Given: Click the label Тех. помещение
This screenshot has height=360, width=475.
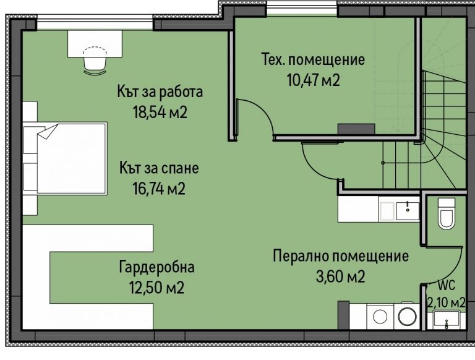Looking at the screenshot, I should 313,61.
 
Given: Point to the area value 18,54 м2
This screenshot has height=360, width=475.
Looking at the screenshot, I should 160,113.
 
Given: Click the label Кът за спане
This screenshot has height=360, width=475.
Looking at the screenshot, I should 160,168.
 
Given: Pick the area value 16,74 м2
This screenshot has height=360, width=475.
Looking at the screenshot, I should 160,188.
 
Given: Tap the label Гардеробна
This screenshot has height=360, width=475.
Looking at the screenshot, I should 156,268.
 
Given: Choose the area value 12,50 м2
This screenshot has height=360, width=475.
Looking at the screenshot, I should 156,288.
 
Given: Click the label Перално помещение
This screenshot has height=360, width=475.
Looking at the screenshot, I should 341,256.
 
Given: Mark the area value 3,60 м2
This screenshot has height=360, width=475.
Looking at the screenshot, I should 341,276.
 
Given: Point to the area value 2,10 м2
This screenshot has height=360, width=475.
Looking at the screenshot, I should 446,302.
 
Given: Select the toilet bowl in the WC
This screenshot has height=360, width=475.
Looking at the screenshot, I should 445,216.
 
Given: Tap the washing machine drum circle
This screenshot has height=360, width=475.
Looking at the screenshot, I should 407,316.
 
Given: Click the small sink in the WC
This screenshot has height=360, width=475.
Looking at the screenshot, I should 446,320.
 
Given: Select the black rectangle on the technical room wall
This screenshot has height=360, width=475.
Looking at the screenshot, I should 356,129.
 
